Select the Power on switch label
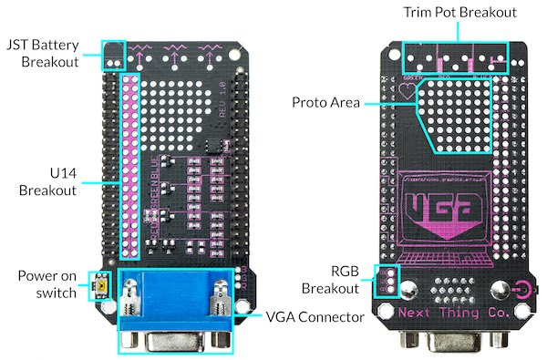(x=42, y=283)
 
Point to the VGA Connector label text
(x=315, y=317)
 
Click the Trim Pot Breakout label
(x=460, y=13)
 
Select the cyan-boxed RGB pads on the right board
(x=387, y=281)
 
